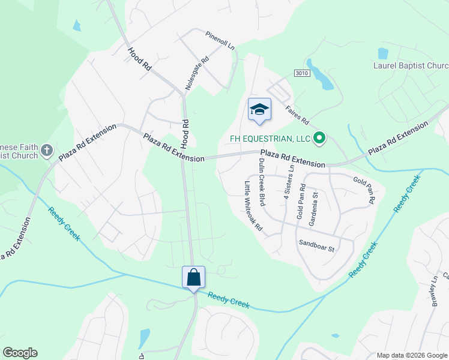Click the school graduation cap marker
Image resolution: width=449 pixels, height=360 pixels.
tap(259, 109)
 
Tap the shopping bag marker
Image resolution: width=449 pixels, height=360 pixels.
tap(193, 277)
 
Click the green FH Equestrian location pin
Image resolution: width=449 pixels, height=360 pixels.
tap(319, 139)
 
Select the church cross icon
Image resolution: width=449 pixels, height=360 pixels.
tap(47, 151)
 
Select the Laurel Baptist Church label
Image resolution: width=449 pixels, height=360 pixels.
tap(411, 65)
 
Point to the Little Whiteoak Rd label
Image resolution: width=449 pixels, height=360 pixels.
tap(254, 206)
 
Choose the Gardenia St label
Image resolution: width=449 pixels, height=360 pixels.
tap(313, 206)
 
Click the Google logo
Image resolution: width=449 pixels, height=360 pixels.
tap(20, 353)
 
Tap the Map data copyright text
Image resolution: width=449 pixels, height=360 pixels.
tap(411, 355)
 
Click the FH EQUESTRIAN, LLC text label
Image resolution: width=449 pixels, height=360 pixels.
tap(270, 139)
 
